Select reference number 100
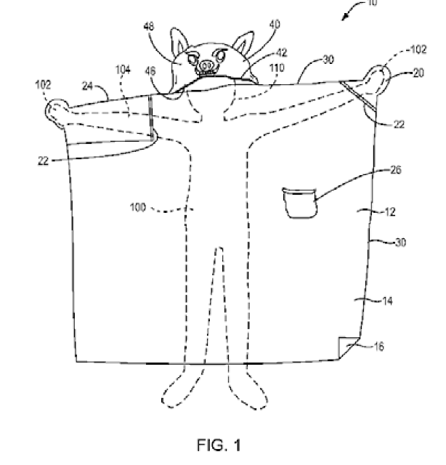click(137, 207)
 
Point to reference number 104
click(123, 70)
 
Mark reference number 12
click(389, 212)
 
